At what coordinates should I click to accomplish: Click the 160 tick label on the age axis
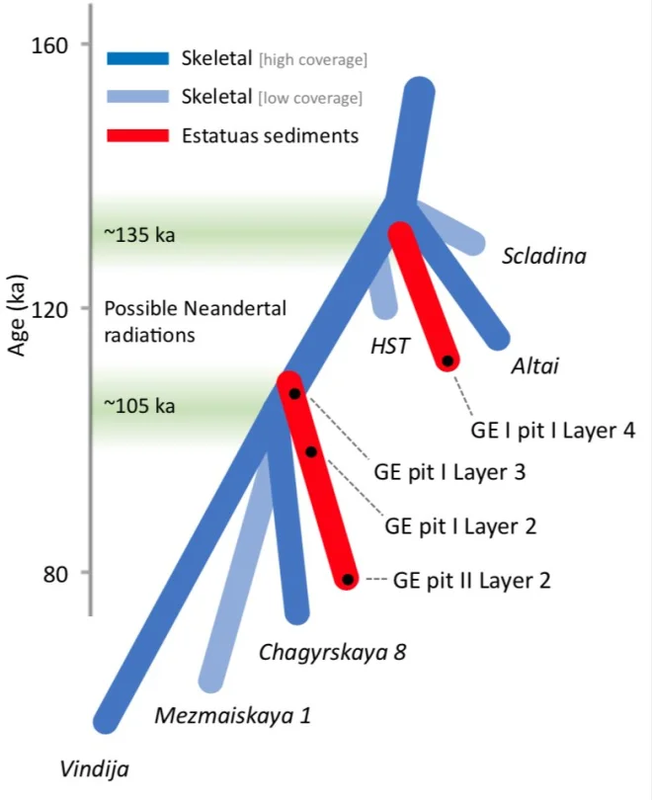click(46, 45)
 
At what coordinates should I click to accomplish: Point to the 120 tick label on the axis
click(46, 309)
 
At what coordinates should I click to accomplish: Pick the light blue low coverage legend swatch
click(137, 97)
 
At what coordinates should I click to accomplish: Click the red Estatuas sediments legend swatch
click(137, 135)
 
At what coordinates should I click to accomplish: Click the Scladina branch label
click(543, 257)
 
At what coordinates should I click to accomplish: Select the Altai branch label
click(535, 366)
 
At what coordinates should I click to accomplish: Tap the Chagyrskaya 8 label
click(332, 652)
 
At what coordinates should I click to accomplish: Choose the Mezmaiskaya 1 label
click(232, 717)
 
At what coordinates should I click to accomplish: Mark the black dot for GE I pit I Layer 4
click(448, 361)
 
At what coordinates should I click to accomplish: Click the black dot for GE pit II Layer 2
click(348, 579)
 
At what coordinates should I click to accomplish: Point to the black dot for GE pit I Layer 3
click(294, 393)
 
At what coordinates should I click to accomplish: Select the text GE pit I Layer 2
click(459, 525)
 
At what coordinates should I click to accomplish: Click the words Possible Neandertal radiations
click(196, 321)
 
